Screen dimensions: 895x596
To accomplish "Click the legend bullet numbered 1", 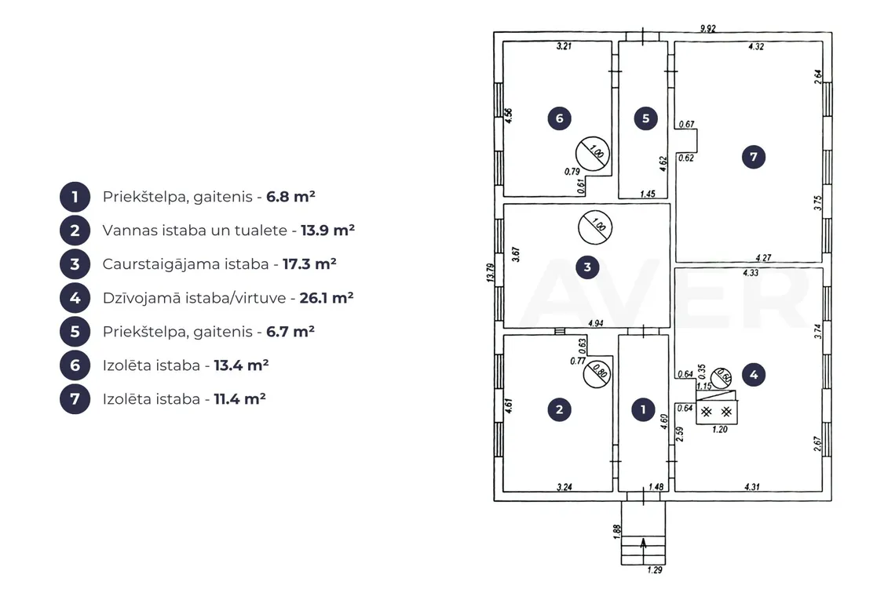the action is tap(75, 198).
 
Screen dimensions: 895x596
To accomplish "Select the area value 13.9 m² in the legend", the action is tap(327, 231).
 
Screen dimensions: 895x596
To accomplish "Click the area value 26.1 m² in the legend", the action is tap(327, 298).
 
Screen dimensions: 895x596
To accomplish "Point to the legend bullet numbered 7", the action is tap(75, 399).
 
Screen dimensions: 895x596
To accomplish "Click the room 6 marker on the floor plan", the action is tap(559, 118).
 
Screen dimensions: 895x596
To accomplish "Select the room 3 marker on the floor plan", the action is tap(587, 267).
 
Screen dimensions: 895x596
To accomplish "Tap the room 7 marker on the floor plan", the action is tap(754, 157).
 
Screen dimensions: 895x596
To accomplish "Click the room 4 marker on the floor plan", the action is tap(754, 375).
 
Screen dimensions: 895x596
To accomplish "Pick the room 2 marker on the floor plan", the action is tap(559, 409).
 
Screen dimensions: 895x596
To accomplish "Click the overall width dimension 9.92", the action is tap(708, 28).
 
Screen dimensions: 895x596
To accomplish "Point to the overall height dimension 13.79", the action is tap(490, 272).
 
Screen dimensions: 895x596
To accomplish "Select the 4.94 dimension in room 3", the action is tap(596, 323).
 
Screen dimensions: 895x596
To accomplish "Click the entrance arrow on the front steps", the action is tap(643, 543).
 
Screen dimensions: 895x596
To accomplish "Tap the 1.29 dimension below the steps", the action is tap(655, 570).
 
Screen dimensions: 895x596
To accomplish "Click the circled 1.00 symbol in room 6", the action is tap(593, 154).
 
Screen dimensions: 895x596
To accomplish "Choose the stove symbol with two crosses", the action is tap(716, 412).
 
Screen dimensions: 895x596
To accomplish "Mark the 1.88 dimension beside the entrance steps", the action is tap(617, 532).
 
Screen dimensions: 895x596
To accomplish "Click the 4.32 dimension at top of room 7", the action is tap(756, 47).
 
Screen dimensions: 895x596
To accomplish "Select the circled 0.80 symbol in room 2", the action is tap(597, 373).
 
